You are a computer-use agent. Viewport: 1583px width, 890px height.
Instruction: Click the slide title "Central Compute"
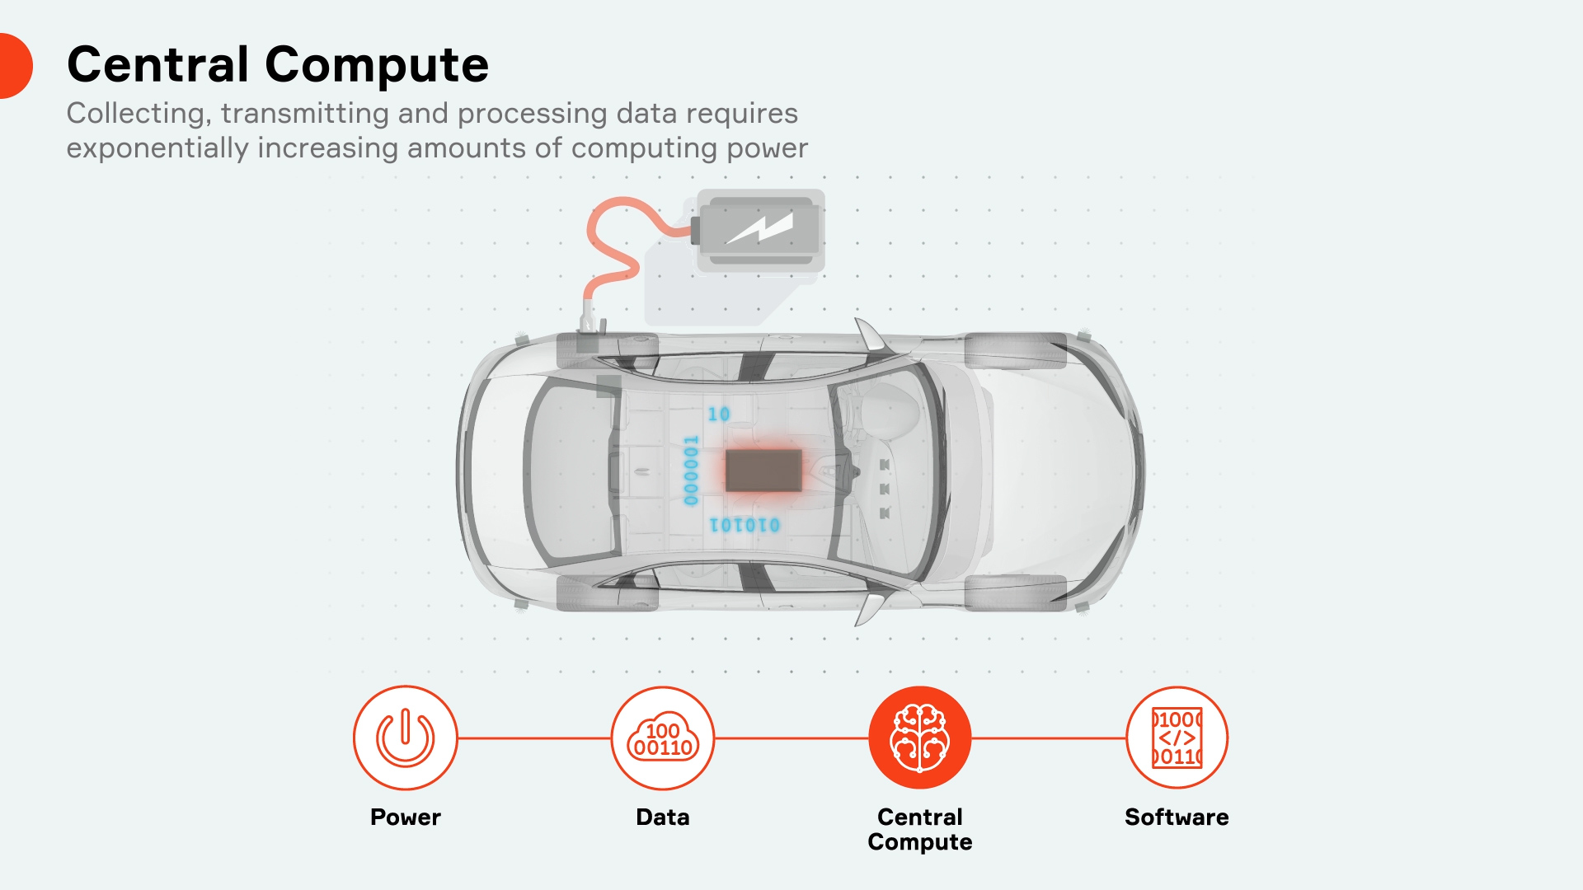(x=278, y=64)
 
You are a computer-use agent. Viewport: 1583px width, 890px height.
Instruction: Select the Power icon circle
(x=405, y=738)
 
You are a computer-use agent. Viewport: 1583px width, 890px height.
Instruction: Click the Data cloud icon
(x=663, y=738)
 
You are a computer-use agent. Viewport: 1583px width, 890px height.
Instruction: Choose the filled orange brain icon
(x=920, y=738)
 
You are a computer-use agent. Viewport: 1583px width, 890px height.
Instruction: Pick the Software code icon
(x=1177, y=738)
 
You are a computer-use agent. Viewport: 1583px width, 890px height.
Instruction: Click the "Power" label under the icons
(x=405, y=817)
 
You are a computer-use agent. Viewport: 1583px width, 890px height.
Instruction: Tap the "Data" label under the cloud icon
(x=663, y=817)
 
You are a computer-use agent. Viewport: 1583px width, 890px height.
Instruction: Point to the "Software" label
(x=1177, y=817)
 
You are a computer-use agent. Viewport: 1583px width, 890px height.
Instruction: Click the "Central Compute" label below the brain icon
(x=920, y=829)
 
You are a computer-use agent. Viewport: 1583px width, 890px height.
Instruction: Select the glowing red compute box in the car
(x=763, y=471)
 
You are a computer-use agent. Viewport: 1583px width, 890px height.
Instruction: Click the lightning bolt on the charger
(x=759, y=228)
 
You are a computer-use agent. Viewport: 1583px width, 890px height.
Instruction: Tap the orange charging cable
(x=614, y=247)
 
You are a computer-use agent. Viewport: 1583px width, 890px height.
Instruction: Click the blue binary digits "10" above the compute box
(x=719, y=414)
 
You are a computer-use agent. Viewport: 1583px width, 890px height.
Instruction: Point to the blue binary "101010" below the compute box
(x=745, y=525)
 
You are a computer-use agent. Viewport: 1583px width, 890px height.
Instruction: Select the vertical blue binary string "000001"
(x=692, y=471)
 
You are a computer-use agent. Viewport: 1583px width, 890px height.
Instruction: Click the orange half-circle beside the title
(x=14, y=66)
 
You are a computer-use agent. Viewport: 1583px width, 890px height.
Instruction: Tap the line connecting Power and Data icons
(x=534, y=738)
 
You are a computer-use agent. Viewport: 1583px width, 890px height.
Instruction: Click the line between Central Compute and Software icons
(x=1049, y=738)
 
